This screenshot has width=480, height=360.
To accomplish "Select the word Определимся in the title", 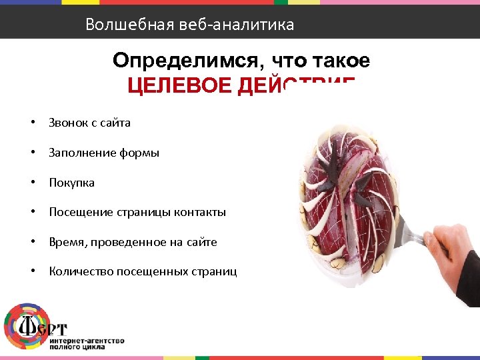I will (185, 61).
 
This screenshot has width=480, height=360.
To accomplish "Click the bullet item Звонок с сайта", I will (89, 123).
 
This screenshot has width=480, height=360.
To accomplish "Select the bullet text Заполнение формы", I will (103, 153).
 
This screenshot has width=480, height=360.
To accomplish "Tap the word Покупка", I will (71, 183).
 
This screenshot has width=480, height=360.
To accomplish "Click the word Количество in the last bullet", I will (81, 271).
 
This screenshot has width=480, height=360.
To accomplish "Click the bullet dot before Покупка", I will (32, 183).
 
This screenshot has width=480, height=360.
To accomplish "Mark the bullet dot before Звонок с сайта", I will (32, 123).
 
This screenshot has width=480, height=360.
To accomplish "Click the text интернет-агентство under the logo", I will (87, 341).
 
